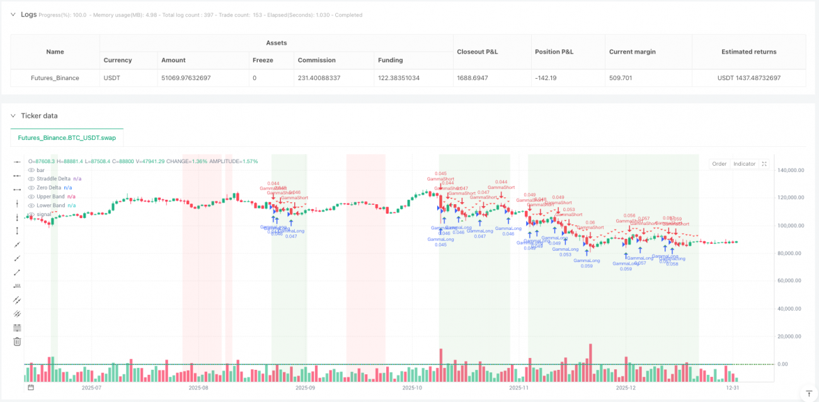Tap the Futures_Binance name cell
coord(55,78)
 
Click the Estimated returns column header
coord(748,52)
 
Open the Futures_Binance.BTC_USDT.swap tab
coord(67,137)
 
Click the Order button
coord(719,164)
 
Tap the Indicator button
coord(744,164)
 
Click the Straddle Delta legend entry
coord(54,179)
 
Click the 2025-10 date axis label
coord(412,388)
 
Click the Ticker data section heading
coord(39,116)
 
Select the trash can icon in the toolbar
coord(17,341)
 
